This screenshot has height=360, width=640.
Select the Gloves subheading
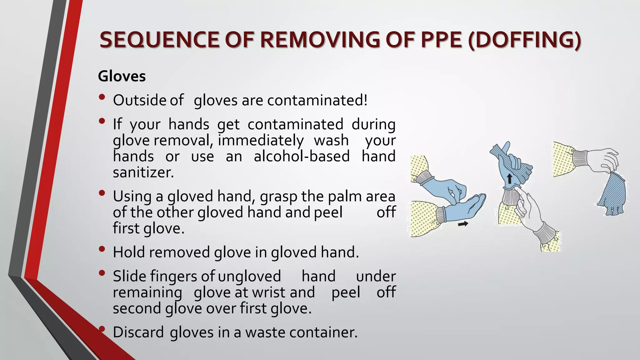tap(122, 76)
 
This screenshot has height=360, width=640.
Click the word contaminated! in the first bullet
tap(317, 100)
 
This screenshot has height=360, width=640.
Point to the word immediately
tap(261, 140)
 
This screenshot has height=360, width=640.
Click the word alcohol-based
tap(302, 156)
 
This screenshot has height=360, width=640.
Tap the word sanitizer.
tap(143, 172)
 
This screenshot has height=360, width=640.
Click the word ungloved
tap(249, 276)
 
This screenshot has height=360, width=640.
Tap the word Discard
tap(138, 332)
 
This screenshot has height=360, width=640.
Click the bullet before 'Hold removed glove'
tap(102, 249)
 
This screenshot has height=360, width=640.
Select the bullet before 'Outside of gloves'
tap(102, 97)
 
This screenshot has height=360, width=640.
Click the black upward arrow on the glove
tap(510, 179)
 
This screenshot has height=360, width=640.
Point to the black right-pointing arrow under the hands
tap(463, 223)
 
